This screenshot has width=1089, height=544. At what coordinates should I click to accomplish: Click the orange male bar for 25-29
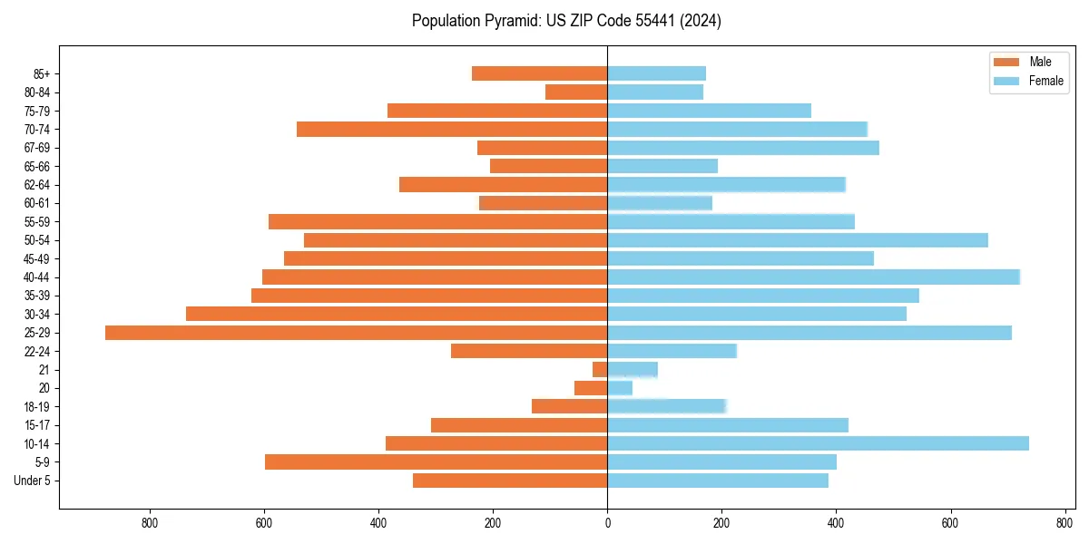coord(356,333)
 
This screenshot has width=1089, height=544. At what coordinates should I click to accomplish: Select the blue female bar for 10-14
coord(818,443)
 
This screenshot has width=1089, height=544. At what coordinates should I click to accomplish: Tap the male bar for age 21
coord(600,370)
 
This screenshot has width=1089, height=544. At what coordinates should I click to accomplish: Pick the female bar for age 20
coord(620,388)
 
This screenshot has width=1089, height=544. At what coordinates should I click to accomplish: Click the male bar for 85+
coord(539,73)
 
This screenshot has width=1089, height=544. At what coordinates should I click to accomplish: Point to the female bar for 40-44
coord(813,277)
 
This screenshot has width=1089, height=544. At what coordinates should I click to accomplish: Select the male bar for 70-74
coord(452,130)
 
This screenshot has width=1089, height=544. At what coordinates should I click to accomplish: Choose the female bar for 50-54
coord(798,240)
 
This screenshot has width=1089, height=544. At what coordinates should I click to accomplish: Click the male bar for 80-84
coord(576,92)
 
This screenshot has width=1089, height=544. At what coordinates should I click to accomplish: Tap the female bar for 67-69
coord(743,148)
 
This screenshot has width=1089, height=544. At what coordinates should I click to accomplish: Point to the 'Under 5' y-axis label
coord(32,481)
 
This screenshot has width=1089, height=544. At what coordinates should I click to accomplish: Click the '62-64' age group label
coord(36,185)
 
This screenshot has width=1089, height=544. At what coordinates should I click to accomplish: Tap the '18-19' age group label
coord(36,407)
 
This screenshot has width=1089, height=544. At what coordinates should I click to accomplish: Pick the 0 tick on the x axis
coord(607,523)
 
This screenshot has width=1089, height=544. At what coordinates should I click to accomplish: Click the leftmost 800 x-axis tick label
coord(150,523)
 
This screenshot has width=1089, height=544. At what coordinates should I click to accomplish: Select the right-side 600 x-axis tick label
coord(950,523)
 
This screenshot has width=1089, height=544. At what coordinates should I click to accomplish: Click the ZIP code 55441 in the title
coord(651,21)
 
